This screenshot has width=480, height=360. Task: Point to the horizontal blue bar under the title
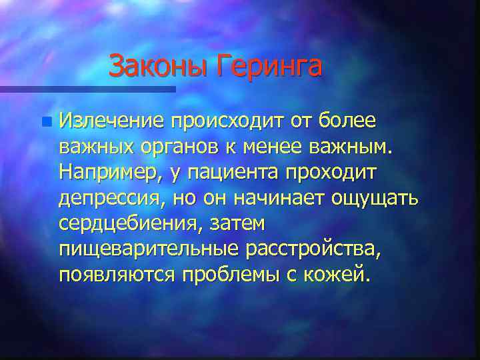(87, 89)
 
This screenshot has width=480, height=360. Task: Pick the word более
(347, 121)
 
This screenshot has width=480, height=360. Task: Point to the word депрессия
(111, 199)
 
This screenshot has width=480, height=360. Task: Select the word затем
(237, 224)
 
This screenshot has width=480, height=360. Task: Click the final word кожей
(339, 275)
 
